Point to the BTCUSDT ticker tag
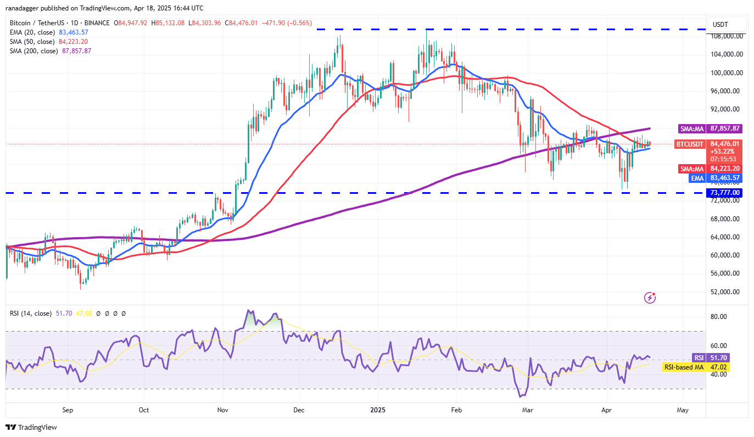click(x=689, y=144)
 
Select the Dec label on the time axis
click(x=299, y=410)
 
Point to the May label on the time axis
click(x=683, y=410)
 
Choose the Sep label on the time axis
click(x=68, y=410)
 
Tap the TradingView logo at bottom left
click(x=31, y=427)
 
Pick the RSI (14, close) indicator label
click(x=31, y=313)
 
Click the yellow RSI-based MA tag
click(x=684, y=367)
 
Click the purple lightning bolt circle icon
click(x=650, y=298)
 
